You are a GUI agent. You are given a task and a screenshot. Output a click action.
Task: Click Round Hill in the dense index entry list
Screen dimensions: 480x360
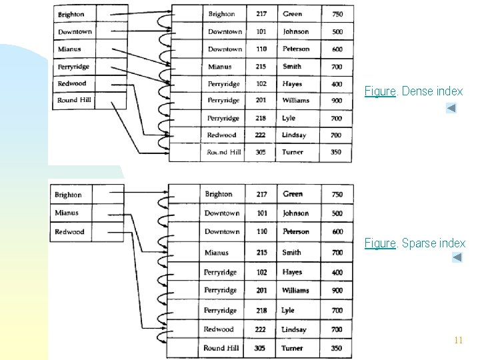75,101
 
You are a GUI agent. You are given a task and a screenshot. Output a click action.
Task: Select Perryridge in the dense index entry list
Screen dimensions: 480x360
73,67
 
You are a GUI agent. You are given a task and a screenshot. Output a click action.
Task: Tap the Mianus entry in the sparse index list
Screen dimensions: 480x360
67,213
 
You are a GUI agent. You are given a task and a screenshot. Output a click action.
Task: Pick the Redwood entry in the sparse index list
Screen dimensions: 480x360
69,232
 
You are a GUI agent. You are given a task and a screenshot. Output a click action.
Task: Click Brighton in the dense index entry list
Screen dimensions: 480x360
71,15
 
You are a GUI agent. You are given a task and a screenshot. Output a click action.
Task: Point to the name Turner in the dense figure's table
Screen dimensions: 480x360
292,152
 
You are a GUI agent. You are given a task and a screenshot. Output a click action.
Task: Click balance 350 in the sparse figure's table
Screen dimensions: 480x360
337,348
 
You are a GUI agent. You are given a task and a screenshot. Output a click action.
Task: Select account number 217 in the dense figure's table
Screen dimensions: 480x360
261,14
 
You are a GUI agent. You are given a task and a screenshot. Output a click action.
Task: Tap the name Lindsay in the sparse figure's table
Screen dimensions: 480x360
294,329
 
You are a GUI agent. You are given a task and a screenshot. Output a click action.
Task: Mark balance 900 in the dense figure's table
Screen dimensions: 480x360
337,101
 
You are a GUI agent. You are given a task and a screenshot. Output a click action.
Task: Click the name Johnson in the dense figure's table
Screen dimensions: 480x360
295,31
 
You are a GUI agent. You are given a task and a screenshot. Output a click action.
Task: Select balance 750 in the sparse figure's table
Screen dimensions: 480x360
337,194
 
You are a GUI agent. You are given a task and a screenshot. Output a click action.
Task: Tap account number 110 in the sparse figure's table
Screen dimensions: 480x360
262,231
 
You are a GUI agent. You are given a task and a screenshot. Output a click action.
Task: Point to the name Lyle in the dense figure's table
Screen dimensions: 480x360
289,118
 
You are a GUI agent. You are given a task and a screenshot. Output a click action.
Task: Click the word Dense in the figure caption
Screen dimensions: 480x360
413,91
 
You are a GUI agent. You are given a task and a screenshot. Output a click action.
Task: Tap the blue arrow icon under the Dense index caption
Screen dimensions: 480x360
451,107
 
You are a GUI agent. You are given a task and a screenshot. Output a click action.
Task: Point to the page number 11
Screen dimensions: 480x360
457,340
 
